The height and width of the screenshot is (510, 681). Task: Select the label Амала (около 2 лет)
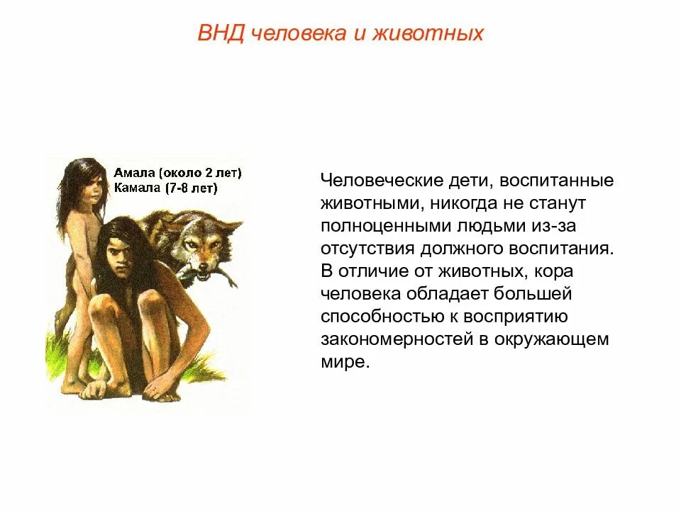(x=177, y=173)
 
